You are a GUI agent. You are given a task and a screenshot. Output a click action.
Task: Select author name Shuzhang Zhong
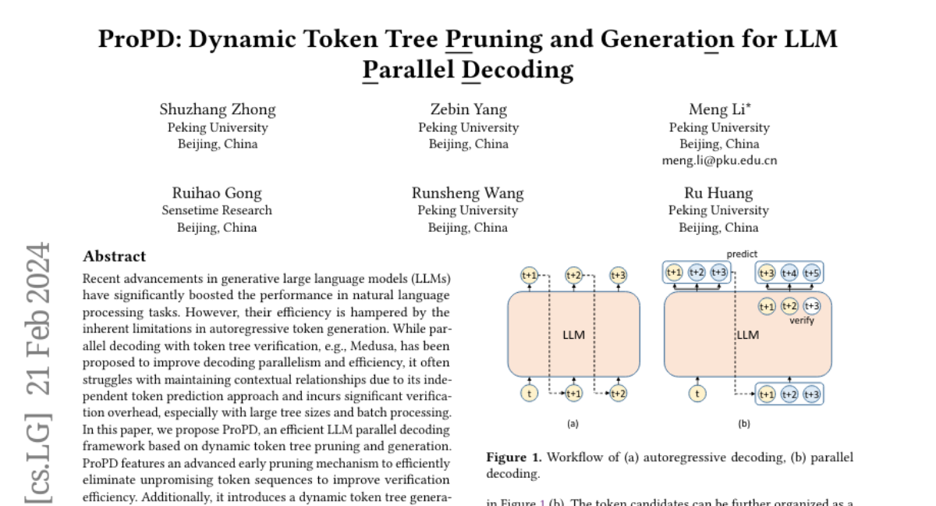(218, 109)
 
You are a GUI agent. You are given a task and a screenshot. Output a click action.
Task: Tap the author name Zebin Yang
(468, 109)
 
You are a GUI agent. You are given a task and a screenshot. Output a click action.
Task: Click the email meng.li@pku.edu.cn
(718, 160)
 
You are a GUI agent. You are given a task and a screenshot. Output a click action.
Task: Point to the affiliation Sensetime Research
(217, 210)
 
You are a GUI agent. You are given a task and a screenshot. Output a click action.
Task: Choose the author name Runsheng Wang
(468, 193)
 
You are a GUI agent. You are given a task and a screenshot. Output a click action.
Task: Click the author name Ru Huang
(718, 193)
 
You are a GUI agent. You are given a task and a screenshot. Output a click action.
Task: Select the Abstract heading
(115, 256)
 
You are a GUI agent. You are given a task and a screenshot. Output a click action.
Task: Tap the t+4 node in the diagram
(789, 273)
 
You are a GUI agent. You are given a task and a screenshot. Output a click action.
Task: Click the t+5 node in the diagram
(811, 273)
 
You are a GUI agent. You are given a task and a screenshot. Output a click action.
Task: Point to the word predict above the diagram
(742, 255)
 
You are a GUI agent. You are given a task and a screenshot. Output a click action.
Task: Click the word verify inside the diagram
(801, 320)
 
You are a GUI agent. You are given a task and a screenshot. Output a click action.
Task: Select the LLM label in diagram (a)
(573, 335)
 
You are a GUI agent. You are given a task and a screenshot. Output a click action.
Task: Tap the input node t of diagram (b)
(697, 394)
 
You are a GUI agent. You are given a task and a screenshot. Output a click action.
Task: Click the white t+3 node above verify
(812, 306)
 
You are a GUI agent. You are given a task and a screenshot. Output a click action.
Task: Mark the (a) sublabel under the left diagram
(573, 424)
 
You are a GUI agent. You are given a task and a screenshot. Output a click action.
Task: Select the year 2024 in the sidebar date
(37, 276)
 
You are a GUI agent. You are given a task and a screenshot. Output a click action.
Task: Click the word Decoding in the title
(518, 70)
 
